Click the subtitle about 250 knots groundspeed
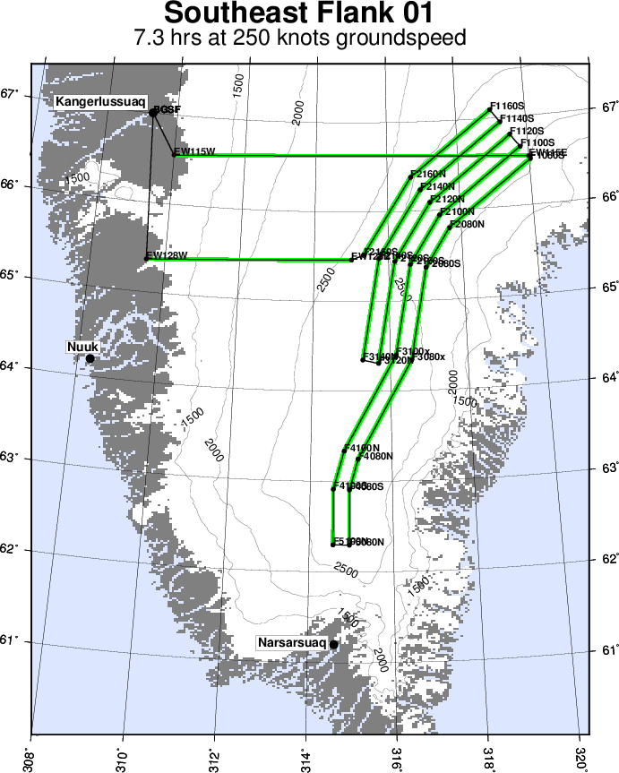tap(300, 39)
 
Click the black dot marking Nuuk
tap(90, 358)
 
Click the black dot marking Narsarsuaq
tap(333, 644)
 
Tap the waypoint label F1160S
tap(507, 106)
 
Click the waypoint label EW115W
tap(194, 151)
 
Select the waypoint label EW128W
tap(167, 255)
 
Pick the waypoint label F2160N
tap(427, 174)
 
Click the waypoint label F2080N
tap(469, 224)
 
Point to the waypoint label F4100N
tap(363, 447)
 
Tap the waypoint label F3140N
tap(381, 356)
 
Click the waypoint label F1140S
tap(517, 118)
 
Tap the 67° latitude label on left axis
tap(13, 94)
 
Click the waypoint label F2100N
tap(458, 211)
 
